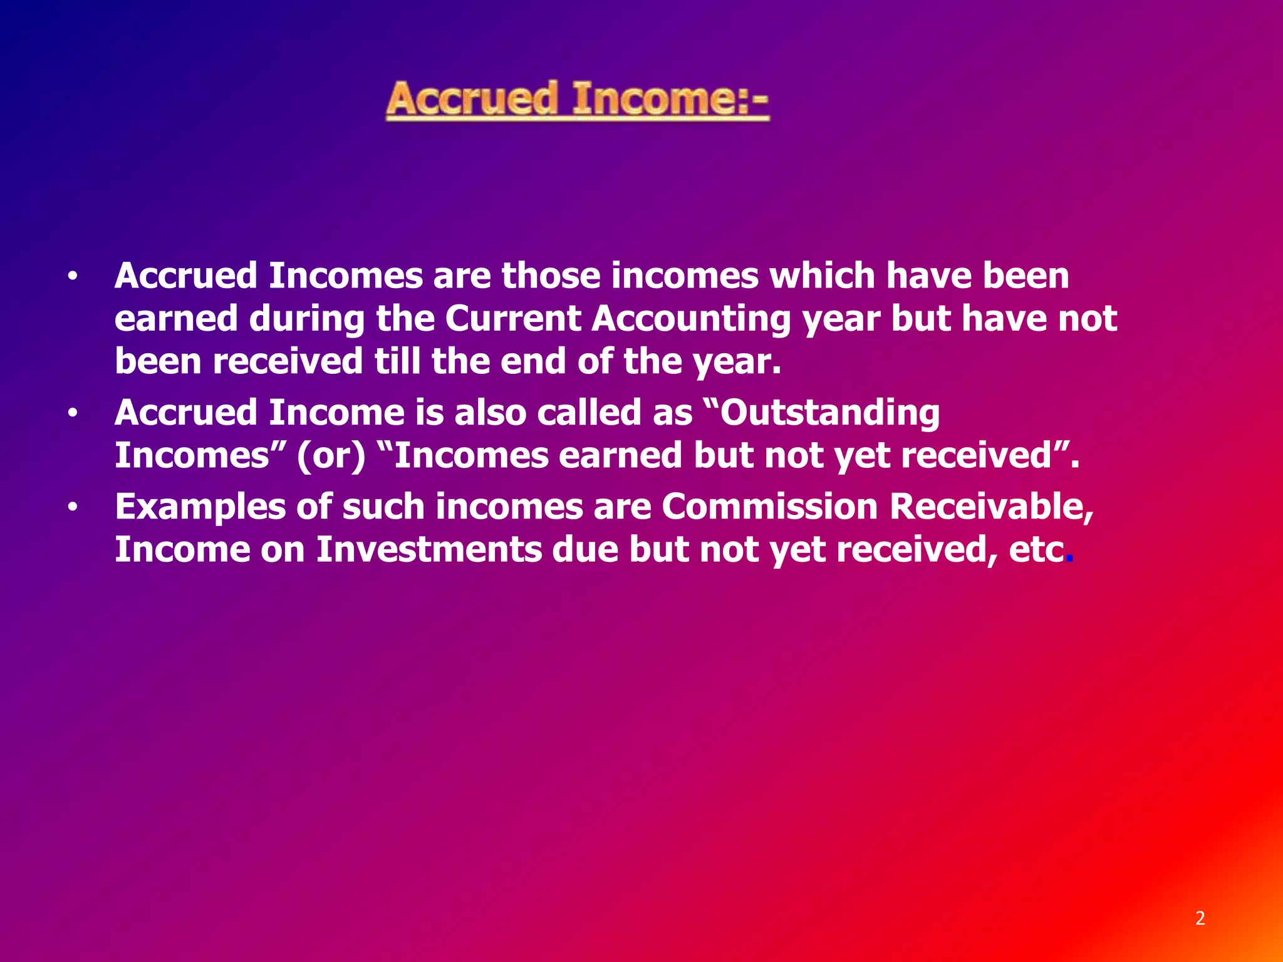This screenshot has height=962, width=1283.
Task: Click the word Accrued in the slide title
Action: [471, 100]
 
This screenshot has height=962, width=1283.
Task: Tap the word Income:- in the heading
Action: [670, 100]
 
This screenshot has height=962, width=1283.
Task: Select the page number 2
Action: [1200, 918]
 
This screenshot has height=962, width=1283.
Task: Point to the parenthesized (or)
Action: [331, 456]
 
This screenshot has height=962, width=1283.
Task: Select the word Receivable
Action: [991, 507]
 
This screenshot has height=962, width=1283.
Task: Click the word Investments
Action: [429, 549]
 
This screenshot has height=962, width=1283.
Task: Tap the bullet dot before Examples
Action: [73, 508]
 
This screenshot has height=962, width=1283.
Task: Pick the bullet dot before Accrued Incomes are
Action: [73, 276]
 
